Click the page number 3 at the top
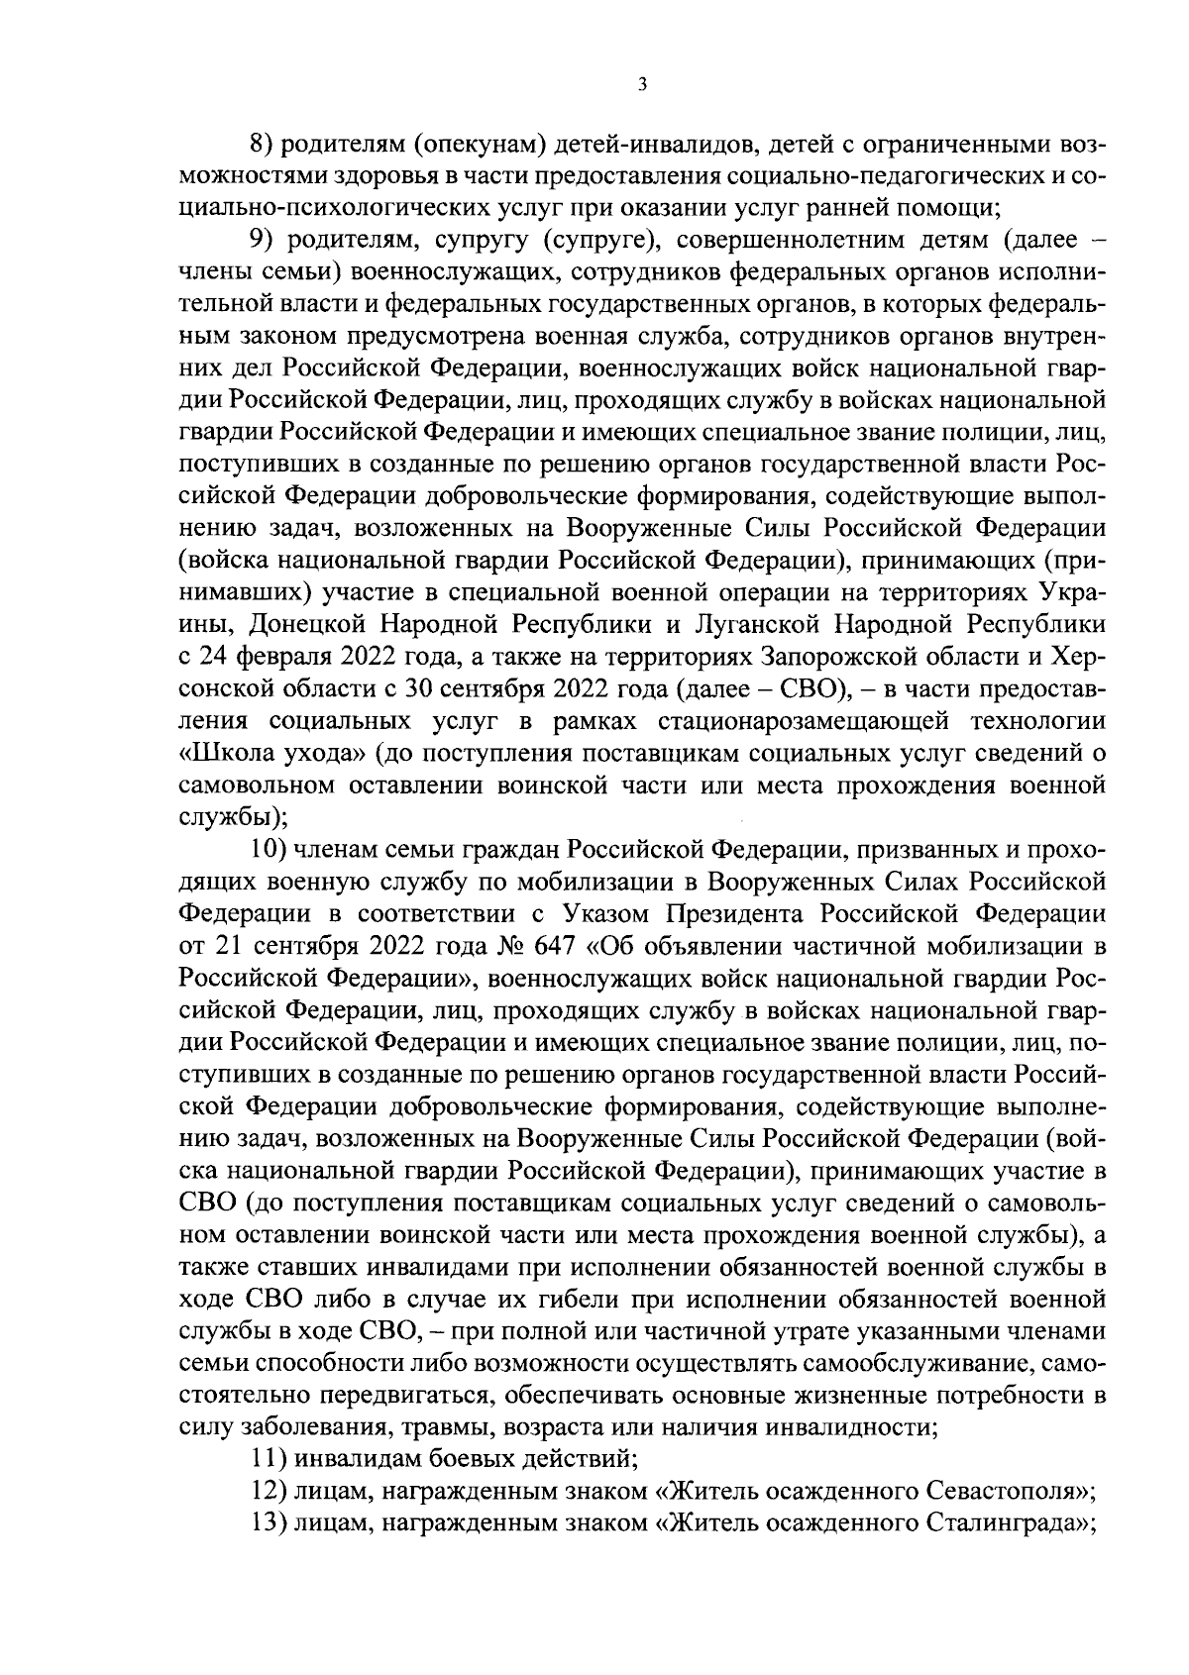642,86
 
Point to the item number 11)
267,1457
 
